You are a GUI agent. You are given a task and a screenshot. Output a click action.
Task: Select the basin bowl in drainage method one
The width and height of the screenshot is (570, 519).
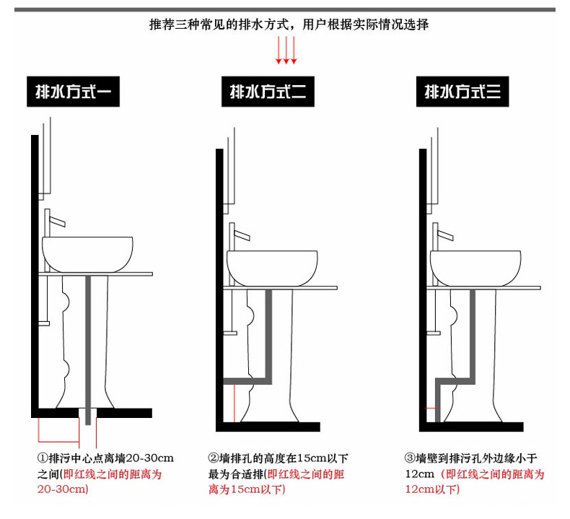(88, 253)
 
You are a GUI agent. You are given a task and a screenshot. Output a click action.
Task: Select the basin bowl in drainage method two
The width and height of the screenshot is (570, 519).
(273, 267)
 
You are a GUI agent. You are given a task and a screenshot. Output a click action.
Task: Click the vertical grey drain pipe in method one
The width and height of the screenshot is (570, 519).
(89, 339)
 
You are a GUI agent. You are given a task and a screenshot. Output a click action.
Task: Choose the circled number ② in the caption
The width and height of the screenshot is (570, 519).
(214, 458)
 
